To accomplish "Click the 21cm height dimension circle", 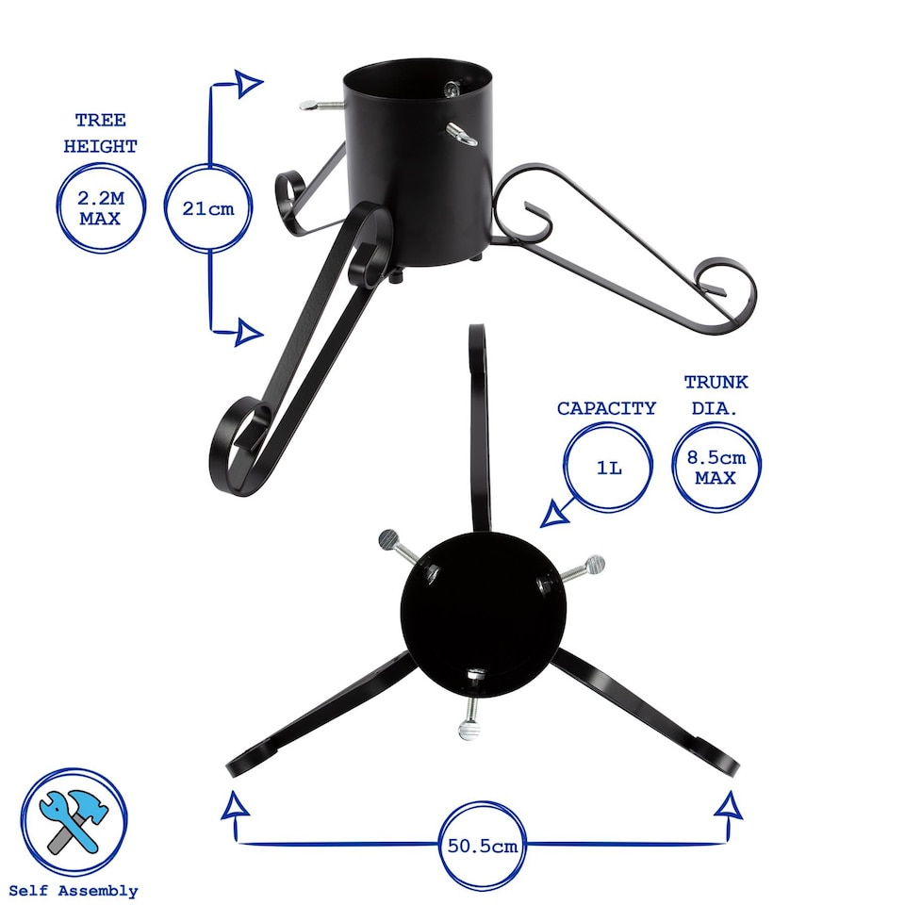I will (x=208, y=208).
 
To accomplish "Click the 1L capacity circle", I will (x=608, y=466).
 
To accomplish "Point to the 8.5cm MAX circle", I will (x=716, y=467).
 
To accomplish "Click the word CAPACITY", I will (x=606, y=408).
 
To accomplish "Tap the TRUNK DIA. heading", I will (x=716, y=393).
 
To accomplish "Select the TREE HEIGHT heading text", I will (x=100, y=133).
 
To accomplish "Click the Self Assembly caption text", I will (x=73, y=890).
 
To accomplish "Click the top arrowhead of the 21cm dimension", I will (x=248, y=84).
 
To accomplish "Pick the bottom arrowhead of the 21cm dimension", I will (x=248, y=332).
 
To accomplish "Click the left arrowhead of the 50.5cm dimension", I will (x=237, y=807).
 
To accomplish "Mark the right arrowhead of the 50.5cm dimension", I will (x=728, y=807).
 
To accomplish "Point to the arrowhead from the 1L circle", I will (x=554, y=515).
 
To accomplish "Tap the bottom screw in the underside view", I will (x=470, y=727).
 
